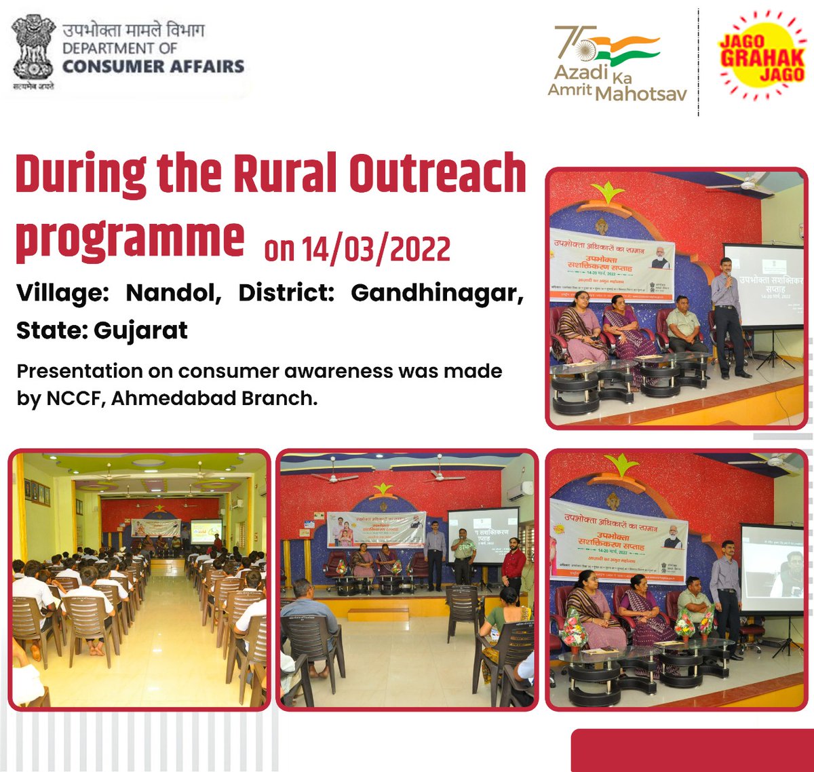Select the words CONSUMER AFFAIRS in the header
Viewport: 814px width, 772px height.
click(x=153, y=66)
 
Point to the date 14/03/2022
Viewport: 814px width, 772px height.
click(x=357, y=250)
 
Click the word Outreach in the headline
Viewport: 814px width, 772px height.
click(x=438, y=174)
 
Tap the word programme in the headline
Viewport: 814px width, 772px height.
click(x=130, y=239)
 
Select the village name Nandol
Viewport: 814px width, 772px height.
click(x=173, y=293)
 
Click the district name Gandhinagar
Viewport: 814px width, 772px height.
click(x=437, y=293)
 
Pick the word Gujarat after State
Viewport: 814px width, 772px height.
click(x=140, y=330)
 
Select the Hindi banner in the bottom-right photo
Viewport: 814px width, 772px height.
click(x=617, y=540)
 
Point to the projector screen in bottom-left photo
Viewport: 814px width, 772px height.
click(x=206, y=530)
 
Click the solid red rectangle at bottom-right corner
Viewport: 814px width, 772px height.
click(x=692, y=750)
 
